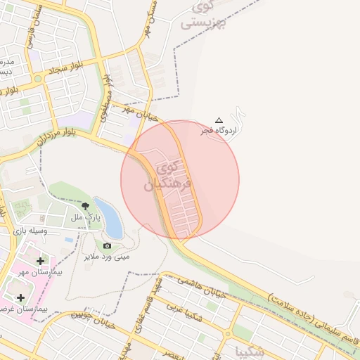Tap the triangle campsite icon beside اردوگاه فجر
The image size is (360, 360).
click(219, 121)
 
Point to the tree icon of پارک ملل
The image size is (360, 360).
click(85, 206)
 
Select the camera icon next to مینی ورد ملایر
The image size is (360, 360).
click(107, 245)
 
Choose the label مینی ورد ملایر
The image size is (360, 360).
click(107, 257)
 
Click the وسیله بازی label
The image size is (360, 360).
click(44, 231)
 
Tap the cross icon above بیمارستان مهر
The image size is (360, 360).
click(40, 261)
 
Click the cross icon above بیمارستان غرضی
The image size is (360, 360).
click(20, 298)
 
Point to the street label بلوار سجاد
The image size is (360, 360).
click(67, 68)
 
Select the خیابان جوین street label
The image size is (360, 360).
click(91, 322)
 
